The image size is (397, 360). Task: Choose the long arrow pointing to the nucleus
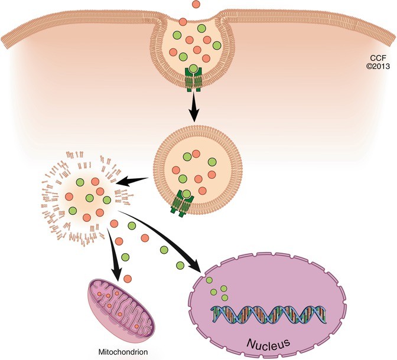171,244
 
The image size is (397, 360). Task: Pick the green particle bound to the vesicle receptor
187,194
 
